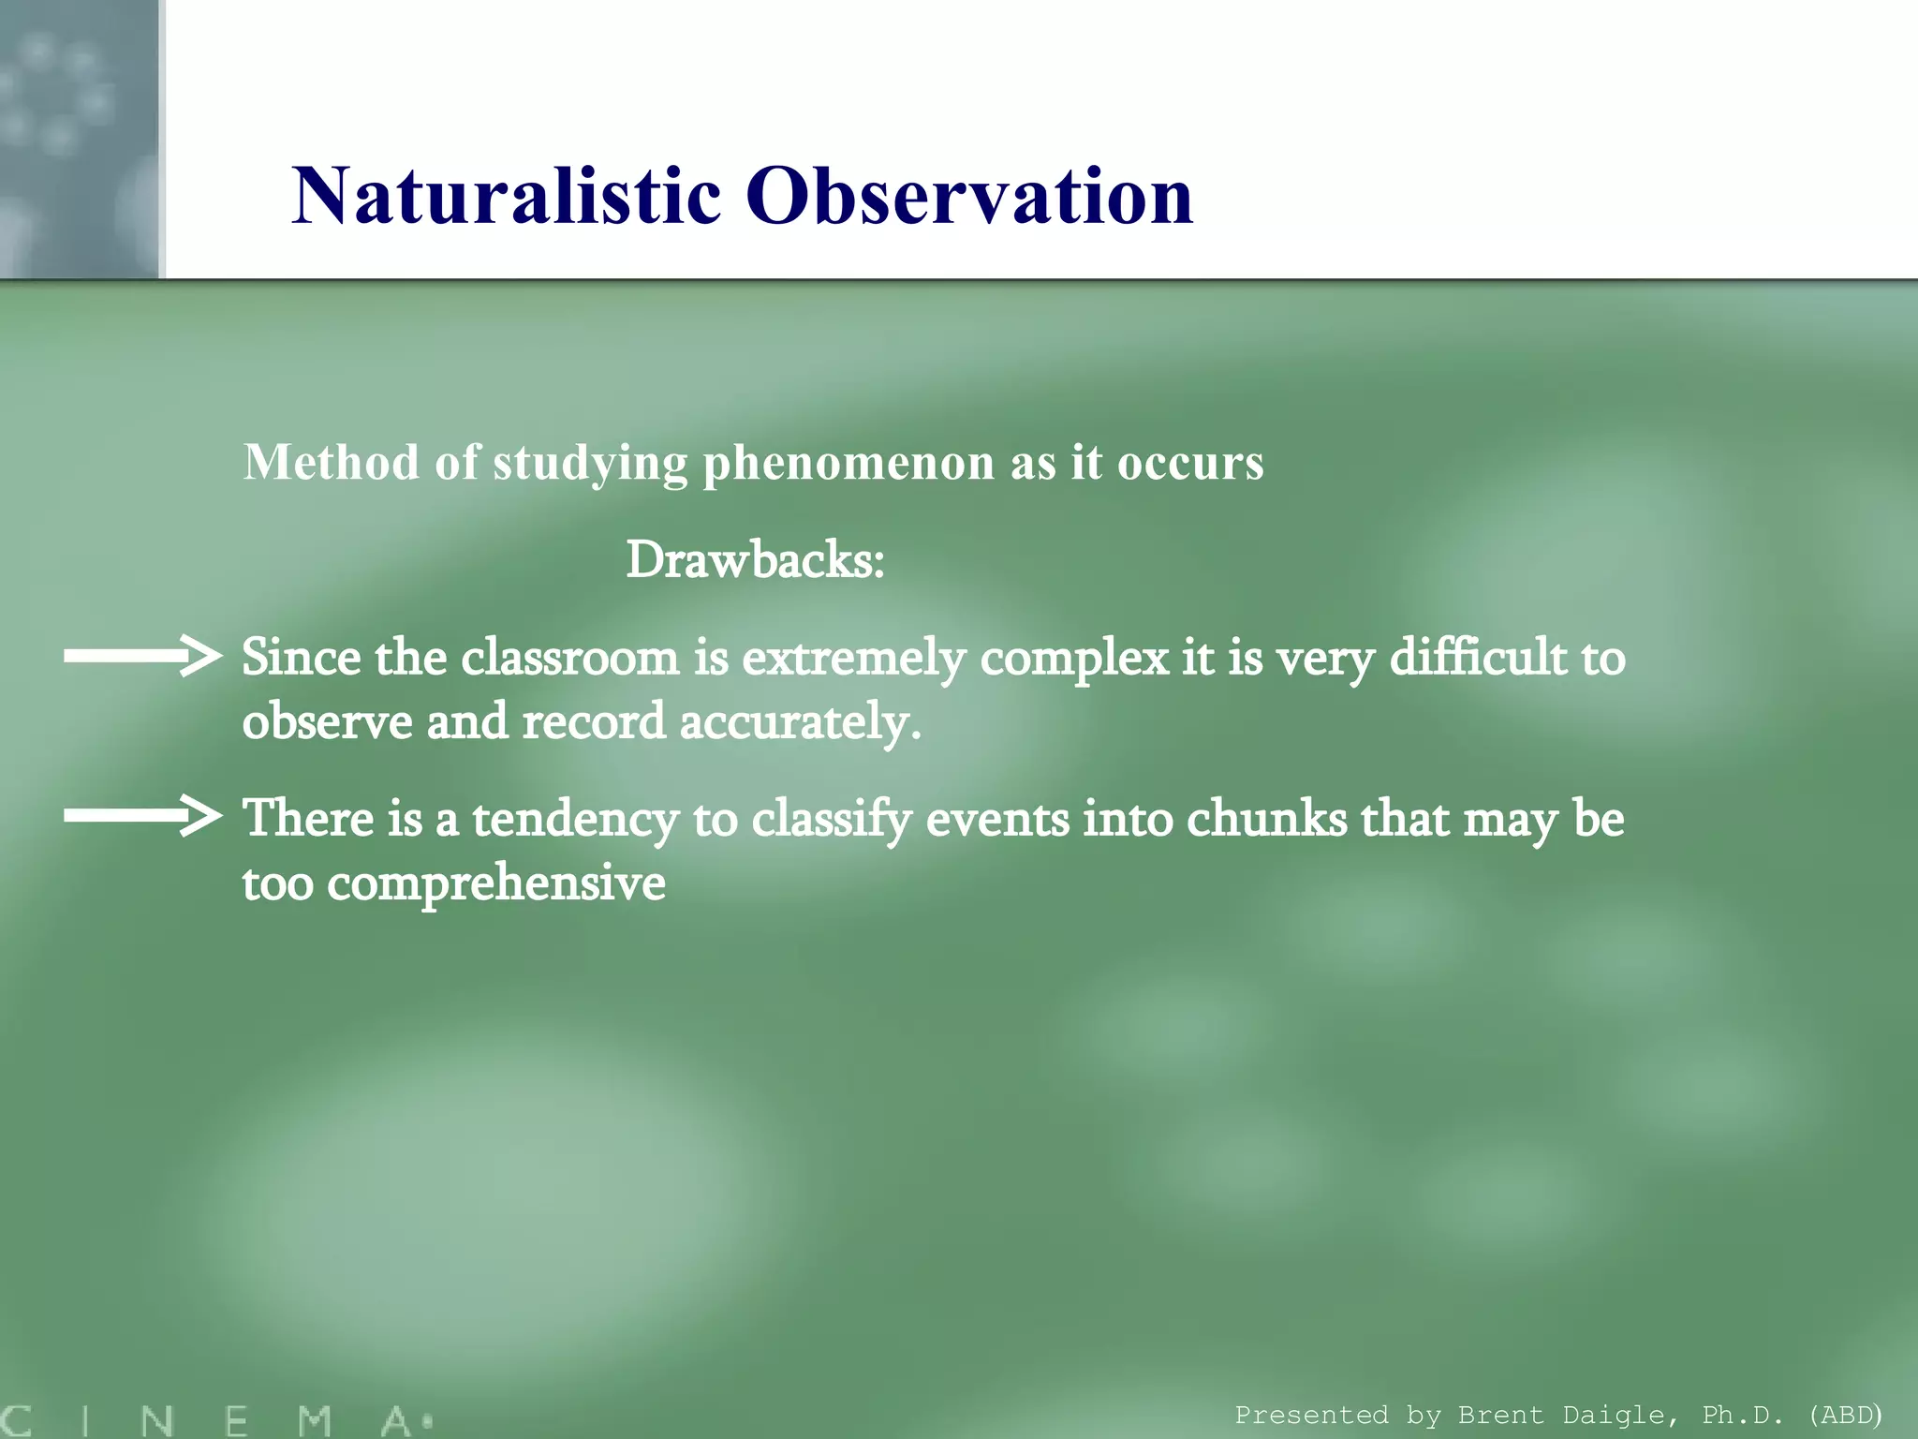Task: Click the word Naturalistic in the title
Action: (506, 196)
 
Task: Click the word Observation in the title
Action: (969, 196)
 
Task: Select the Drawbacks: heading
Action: (755, 560)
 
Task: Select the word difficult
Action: (1478, 658)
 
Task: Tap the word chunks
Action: (1266, 818)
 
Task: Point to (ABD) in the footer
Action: (1844, 1415)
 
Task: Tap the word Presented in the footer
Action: (1311, 1415)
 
